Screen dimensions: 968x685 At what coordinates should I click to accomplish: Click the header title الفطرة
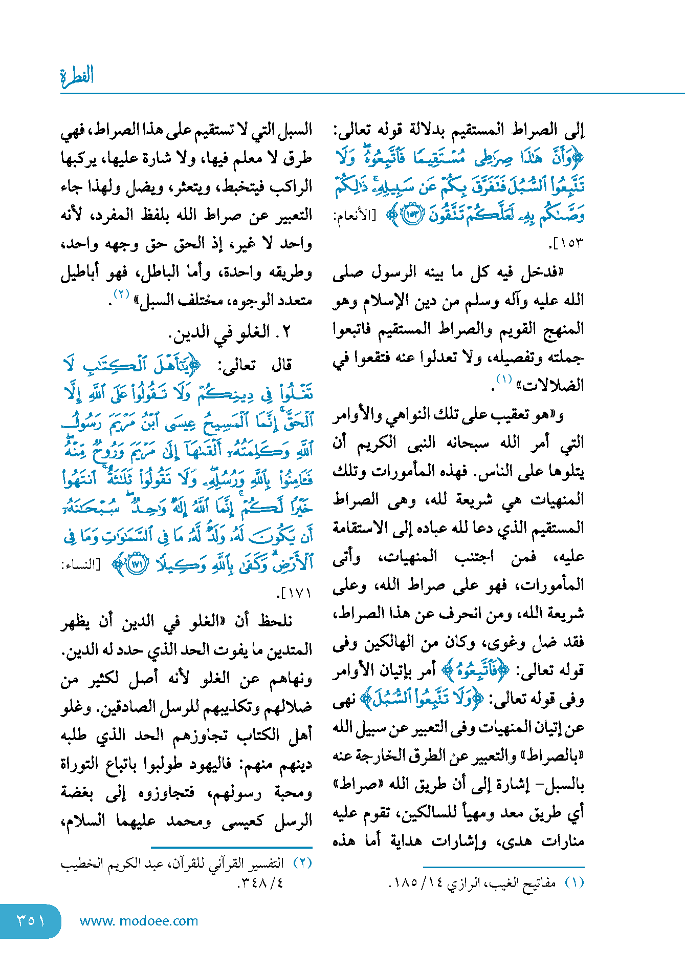(x=77, y=76)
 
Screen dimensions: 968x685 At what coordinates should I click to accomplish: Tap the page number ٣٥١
(x=31, y=920)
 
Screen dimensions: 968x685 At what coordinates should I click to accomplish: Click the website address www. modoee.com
(x=139, y=921)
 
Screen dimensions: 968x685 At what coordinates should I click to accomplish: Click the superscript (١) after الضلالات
(x=504, y=380)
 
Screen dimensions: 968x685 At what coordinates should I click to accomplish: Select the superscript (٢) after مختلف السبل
(x=122, y=294)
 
